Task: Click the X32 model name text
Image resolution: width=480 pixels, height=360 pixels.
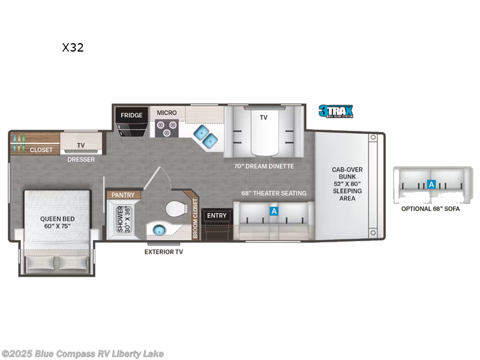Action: (73, 48)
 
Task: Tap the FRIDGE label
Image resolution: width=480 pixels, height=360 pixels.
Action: (131, 115)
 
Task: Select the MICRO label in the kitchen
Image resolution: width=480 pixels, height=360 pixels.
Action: (167, 112)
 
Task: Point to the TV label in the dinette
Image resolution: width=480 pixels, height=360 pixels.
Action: (263, 118)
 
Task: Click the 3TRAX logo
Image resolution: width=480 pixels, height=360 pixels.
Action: (335, 111)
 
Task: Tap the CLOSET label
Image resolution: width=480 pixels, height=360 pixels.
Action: (41, 150)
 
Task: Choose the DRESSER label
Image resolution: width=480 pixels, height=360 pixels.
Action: (81, 160)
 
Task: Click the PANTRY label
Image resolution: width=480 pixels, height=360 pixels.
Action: (123, 195)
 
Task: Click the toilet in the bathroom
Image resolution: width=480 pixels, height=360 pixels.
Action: (175, 211)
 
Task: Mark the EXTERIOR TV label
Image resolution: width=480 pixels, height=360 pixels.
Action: (164, 252)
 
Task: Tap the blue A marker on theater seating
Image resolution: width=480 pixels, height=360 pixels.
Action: (274, 211)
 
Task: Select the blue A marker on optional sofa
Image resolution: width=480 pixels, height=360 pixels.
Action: (431, 185)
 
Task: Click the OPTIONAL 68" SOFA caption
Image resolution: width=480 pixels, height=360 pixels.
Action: (430, 208)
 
